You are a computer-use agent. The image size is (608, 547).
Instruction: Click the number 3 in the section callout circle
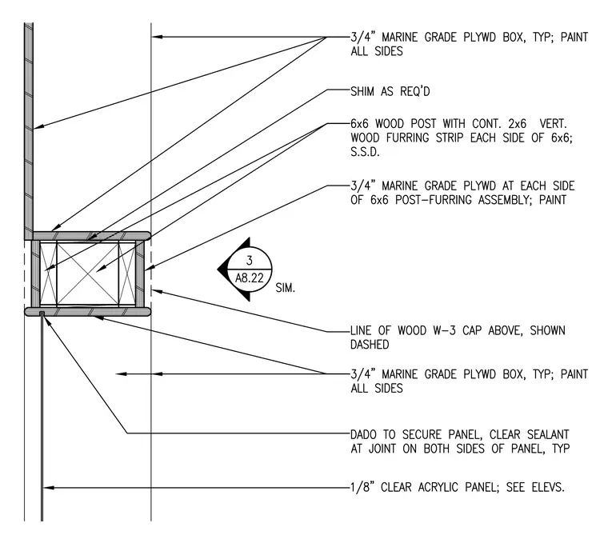[x=250, y=261]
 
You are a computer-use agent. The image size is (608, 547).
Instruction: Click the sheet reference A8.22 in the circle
[x=250, y=278]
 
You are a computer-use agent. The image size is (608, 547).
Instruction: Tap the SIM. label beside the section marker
[x=286, y=288]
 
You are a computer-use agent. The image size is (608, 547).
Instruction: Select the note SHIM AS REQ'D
[x=390, y=91]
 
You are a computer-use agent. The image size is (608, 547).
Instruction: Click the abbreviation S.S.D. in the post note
[x=365, y=152]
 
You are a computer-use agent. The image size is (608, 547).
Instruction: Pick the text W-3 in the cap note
[x=442, y=331]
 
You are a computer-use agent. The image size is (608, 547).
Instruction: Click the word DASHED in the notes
[x=370, y=345]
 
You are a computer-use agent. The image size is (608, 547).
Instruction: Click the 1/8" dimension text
[x=361, y=487]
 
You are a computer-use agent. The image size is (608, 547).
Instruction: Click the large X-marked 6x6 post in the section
[x=88, y=273]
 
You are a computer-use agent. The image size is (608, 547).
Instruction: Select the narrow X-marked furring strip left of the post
[x=49, y=273]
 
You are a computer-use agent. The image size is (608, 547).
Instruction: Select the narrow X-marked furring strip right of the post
[x=126, y=273]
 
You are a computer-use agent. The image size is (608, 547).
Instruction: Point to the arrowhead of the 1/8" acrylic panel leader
[x=48, y=487]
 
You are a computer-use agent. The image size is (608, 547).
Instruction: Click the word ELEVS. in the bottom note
[x=548, y=487]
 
